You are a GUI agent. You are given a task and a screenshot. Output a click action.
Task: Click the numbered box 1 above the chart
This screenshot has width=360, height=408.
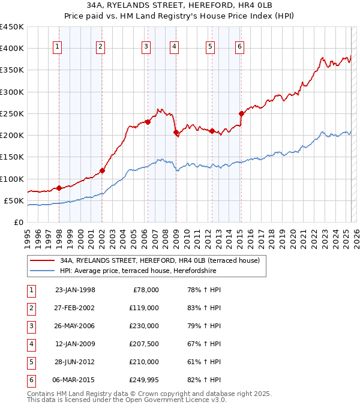[x=57, y=47]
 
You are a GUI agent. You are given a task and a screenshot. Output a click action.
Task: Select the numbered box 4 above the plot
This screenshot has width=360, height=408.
[x=173, y=47]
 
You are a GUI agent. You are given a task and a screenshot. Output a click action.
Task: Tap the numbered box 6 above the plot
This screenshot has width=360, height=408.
[x=239, y=47]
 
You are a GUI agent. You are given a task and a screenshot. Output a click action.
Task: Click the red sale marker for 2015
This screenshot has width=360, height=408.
[x=241, y=113]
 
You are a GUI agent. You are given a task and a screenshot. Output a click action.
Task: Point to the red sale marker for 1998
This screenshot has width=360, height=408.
[x=59, y=188]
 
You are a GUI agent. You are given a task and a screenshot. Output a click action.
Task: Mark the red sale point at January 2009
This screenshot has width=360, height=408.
[x=176, y=132]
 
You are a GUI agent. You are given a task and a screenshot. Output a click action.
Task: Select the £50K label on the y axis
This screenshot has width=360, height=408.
[x=14, y=200]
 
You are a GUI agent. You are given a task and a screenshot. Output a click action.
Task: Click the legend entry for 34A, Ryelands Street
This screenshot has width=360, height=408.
[x=159, y=260]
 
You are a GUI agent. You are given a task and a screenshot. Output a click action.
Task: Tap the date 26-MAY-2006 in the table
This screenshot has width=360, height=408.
[x=75, y=326]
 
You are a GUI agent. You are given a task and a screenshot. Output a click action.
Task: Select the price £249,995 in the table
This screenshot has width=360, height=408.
[x=144, y=379]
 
